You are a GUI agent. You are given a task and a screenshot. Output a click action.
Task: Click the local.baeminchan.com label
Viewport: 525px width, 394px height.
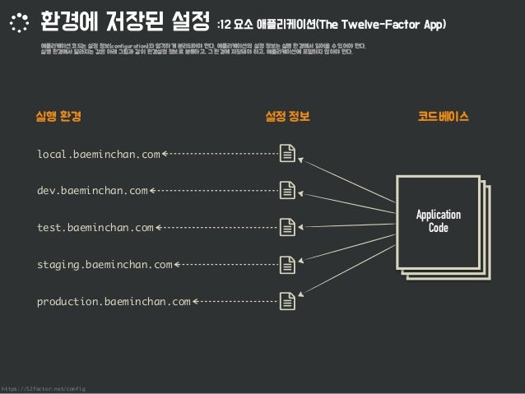point(99,154)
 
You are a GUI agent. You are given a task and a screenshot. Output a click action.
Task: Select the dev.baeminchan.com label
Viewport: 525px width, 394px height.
point(92,191)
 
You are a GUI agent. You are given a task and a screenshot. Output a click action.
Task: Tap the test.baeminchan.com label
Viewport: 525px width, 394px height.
point(95,228)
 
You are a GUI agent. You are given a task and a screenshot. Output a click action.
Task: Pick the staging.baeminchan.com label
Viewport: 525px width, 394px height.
point(105,265)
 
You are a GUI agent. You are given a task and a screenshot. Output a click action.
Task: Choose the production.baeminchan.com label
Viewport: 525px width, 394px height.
point(114,302)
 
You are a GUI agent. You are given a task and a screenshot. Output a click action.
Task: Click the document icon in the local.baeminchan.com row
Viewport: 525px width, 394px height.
point(288,154)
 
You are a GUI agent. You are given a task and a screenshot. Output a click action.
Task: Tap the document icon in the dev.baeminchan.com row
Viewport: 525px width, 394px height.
point(288,191)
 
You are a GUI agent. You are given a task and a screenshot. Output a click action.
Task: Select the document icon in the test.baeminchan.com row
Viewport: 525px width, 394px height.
point(288,228)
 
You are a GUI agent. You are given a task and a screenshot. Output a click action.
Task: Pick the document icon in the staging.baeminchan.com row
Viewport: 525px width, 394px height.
point(288,265)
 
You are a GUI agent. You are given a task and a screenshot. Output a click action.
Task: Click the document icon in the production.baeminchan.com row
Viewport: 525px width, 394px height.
point(288,302)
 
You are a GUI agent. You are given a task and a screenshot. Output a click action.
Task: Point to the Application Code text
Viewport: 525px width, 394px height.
point(438,221)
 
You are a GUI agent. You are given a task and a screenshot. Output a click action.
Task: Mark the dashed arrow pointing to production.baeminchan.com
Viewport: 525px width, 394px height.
point(235,302)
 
